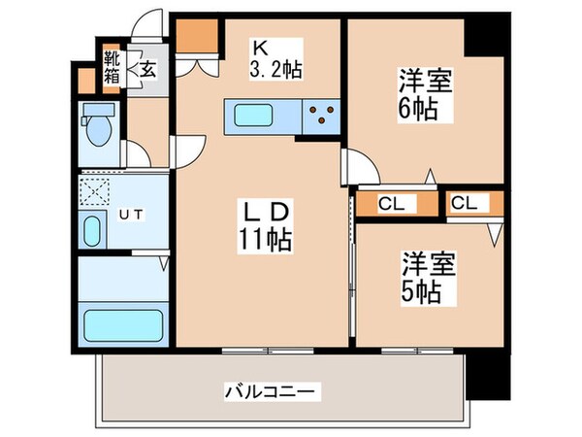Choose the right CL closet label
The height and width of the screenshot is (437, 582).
[x=465, y=204]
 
